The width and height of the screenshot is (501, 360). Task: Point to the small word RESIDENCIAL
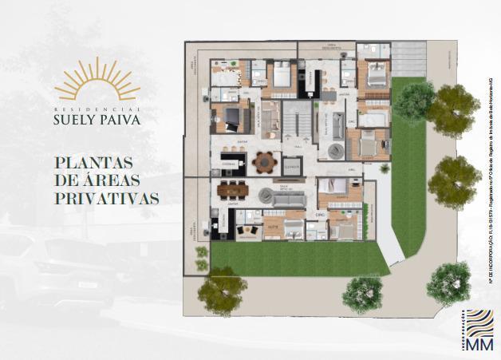coord(98,107)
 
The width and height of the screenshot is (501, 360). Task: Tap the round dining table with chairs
coord(264,162)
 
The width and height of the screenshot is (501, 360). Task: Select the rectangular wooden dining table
coord(232,191)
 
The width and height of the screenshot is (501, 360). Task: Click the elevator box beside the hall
coord(292,167)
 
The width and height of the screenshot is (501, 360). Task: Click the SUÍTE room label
coord(273,226)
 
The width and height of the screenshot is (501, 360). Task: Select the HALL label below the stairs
coord(296,147)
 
